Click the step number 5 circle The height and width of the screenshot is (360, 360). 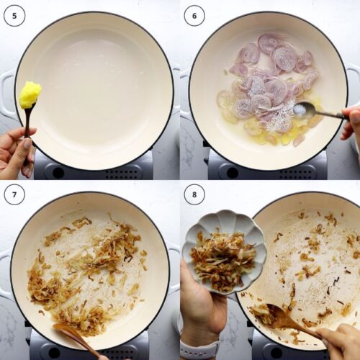[x=14, y=14]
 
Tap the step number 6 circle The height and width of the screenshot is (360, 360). [x=194, y=14]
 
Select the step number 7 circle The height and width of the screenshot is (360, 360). [x=14, y=194]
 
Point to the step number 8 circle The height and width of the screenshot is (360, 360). [x=194, y=194]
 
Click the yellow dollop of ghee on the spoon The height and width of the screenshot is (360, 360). [x=30, y=94]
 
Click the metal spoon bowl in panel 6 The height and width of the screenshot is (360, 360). [x=304, y=109]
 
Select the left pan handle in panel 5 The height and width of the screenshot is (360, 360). [x=7, y=94]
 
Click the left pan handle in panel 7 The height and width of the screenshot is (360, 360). [x=6, y=274]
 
